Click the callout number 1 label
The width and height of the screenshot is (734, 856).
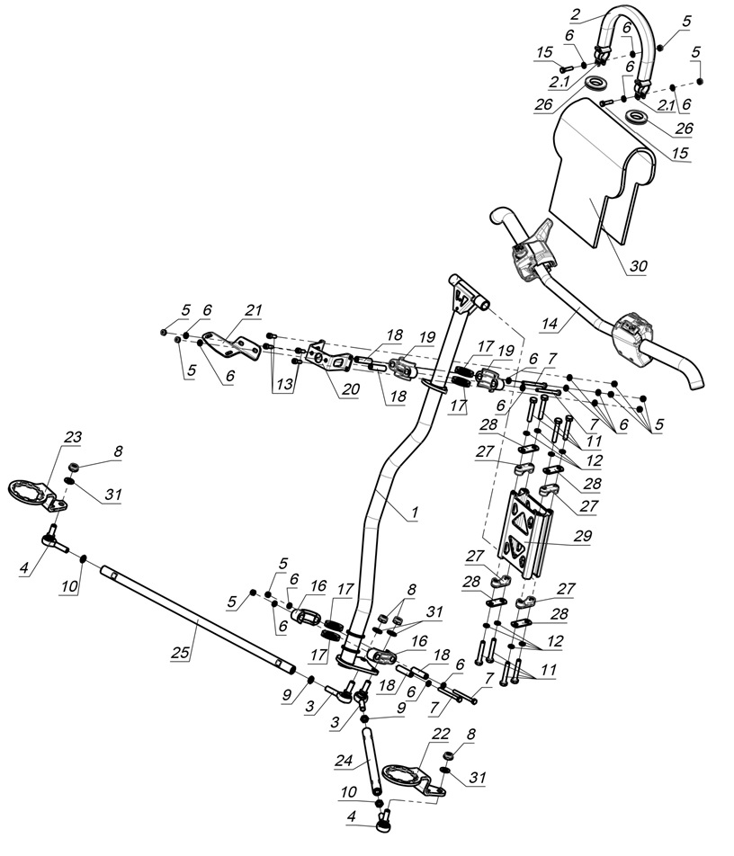click(415, 513)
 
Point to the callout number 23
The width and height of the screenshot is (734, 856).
click(71, 437)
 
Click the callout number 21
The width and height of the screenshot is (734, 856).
click(252, 311)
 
